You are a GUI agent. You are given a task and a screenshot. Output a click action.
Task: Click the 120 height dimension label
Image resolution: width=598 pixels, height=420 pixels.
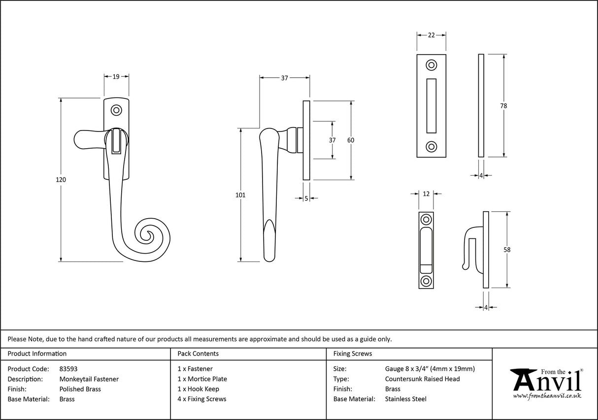[x=61, y=180]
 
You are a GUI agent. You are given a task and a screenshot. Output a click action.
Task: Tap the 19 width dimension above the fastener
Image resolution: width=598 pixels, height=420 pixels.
[x=116, y=76]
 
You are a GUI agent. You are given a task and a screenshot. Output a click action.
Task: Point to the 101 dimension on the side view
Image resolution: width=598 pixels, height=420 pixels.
[x=240, y=195]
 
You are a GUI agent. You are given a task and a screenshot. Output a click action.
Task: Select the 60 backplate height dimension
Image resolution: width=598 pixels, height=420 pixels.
[x=351, y=140]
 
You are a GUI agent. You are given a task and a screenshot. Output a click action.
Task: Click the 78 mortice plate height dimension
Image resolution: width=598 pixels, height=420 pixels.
[x=503, y=106]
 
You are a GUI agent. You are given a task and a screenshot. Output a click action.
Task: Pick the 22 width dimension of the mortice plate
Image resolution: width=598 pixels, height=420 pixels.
[x=432, y=35]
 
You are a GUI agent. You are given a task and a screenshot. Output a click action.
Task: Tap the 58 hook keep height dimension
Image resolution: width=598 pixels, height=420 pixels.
[x=507, y=250]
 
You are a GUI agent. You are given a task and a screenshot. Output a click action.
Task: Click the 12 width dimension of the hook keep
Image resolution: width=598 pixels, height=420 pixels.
[x=427, y=194]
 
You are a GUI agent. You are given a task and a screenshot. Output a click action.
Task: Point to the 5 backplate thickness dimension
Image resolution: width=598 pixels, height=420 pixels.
[x=306, y=198]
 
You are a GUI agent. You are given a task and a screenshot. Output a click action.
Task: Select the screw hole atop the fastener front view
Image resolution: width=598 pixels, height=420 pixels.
[x=117, y=110]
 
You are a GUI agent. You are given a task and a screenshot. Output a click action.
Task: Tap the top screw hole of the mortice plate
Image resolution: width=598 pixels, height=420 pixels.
[x=432, y=65]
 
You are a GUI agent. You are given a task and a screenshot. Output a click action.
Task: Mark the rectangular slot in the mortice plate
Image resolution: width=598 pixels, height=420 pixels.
[x=432, y=105]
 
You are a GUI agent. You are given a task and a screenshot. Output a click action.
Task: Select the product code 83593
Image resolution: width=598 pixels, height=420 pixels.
[x=68, y=368]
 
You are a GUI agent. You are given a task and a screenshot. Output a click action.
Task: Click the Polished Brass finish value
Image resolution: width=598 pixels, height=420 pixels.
[x=80, y=389]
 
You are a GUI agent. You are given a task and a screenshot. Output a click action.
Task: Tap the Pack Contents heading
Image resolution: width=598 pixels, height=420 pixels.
[x=198, y=354]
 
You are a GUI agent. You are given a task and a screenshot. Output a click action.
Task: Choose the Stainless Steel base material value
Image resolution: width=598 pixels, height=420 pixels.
[x=406, y=399]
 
